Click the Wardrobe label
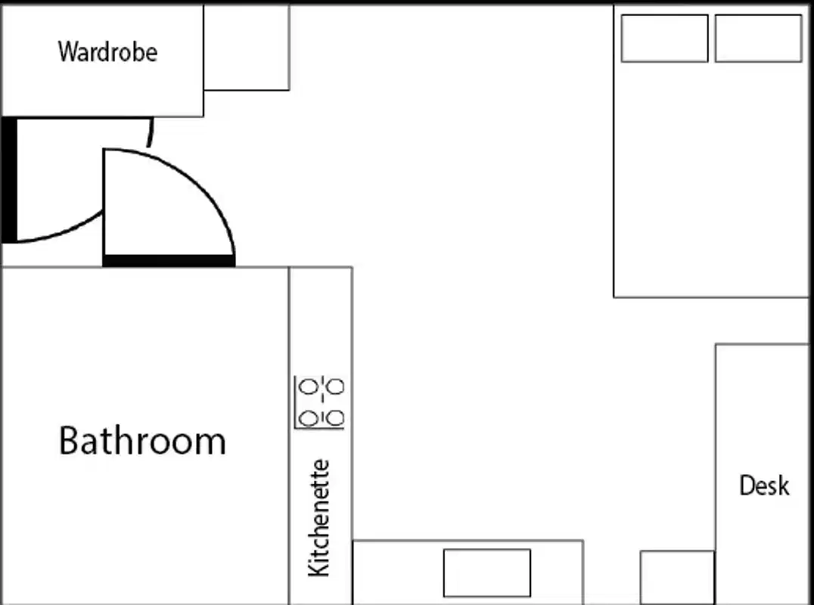point(107,52)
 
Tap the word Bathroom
point(142,441)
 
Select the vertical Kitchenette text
point(319,518)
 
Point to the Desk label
point(764,486)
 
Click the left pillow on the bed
point(664,39)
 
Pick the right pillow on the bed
point(758,39)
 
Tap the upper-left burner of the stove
point(308,387)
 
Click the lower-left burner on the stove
point(308,417)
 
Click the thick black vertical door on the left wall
point(9,180)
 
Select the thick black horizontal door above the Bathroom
point(169,261)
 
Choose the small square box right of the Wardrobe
point(247,47)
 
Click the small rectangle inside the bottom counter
point(486,572)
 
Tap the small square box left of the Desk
point(677,577)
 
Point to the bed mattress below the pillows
point(711,181)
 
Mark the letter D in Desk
point(746,486)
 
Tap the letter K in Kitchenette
point(319,567)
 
